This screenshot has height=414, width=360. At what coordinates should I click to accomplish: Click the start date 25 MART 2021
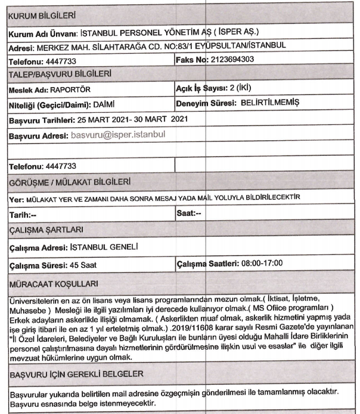(x=102, y=119)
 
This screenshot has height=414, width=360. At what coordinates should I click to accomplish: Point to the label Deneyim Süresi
(x=203, y=104)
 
